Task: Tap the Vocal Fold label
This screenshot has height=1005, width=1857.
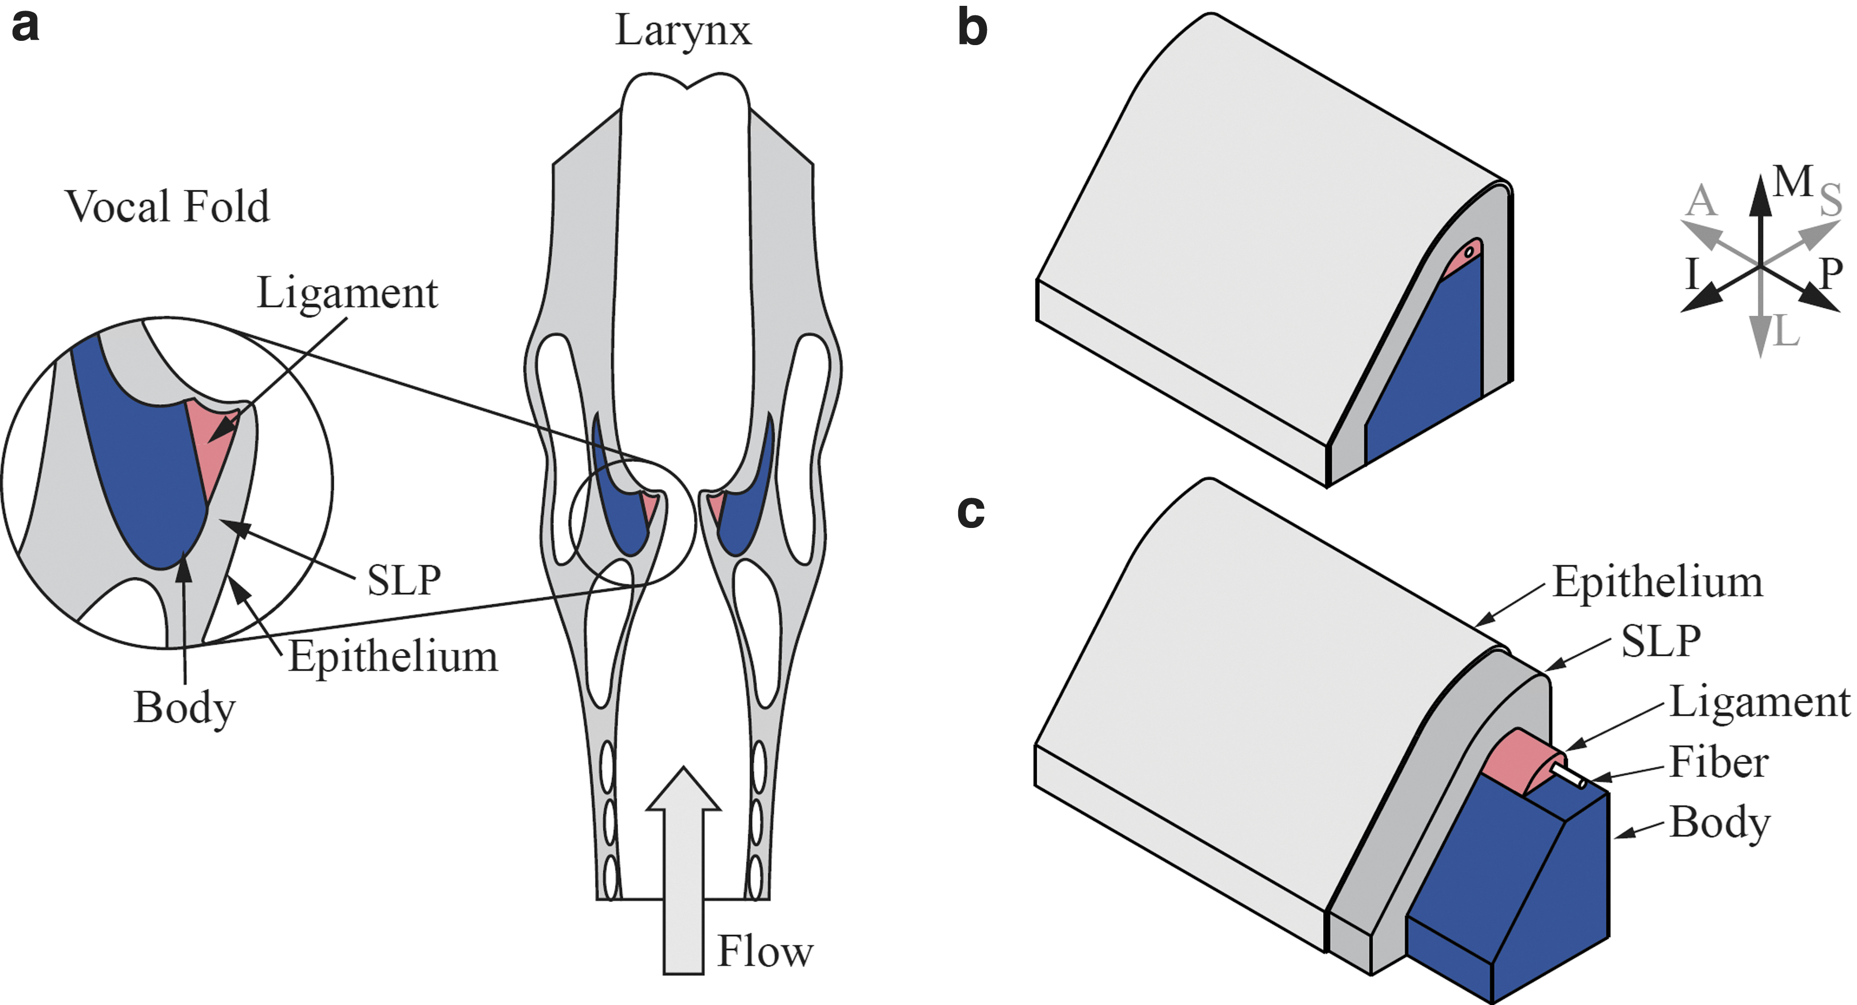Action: click(x=167, y=206)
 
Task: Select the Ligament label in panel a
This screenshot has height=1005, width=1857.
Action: click(x=348, y=294)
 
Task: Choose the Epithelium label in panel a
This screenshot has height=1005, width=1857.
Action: click(x=393, y=657)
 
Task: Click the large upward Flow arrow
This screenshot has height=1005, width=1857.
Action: click(x=683, y=870)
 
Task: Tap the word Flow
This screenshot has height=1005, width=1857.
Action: click(x=765, y=951)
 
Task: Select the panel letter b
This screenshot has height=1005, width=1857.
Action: click(x=972, y=29)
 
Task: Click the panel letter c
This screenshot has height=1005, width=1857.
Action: click(x=971, y=512)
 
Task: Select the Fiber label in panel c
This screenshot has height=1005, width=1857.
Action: click(x=1719, y=763)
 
